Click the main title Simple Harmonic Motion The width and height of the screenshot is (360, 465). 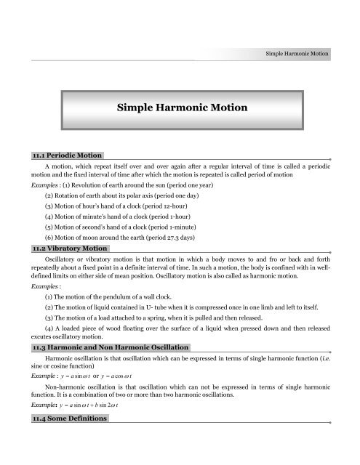[180, 108]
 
